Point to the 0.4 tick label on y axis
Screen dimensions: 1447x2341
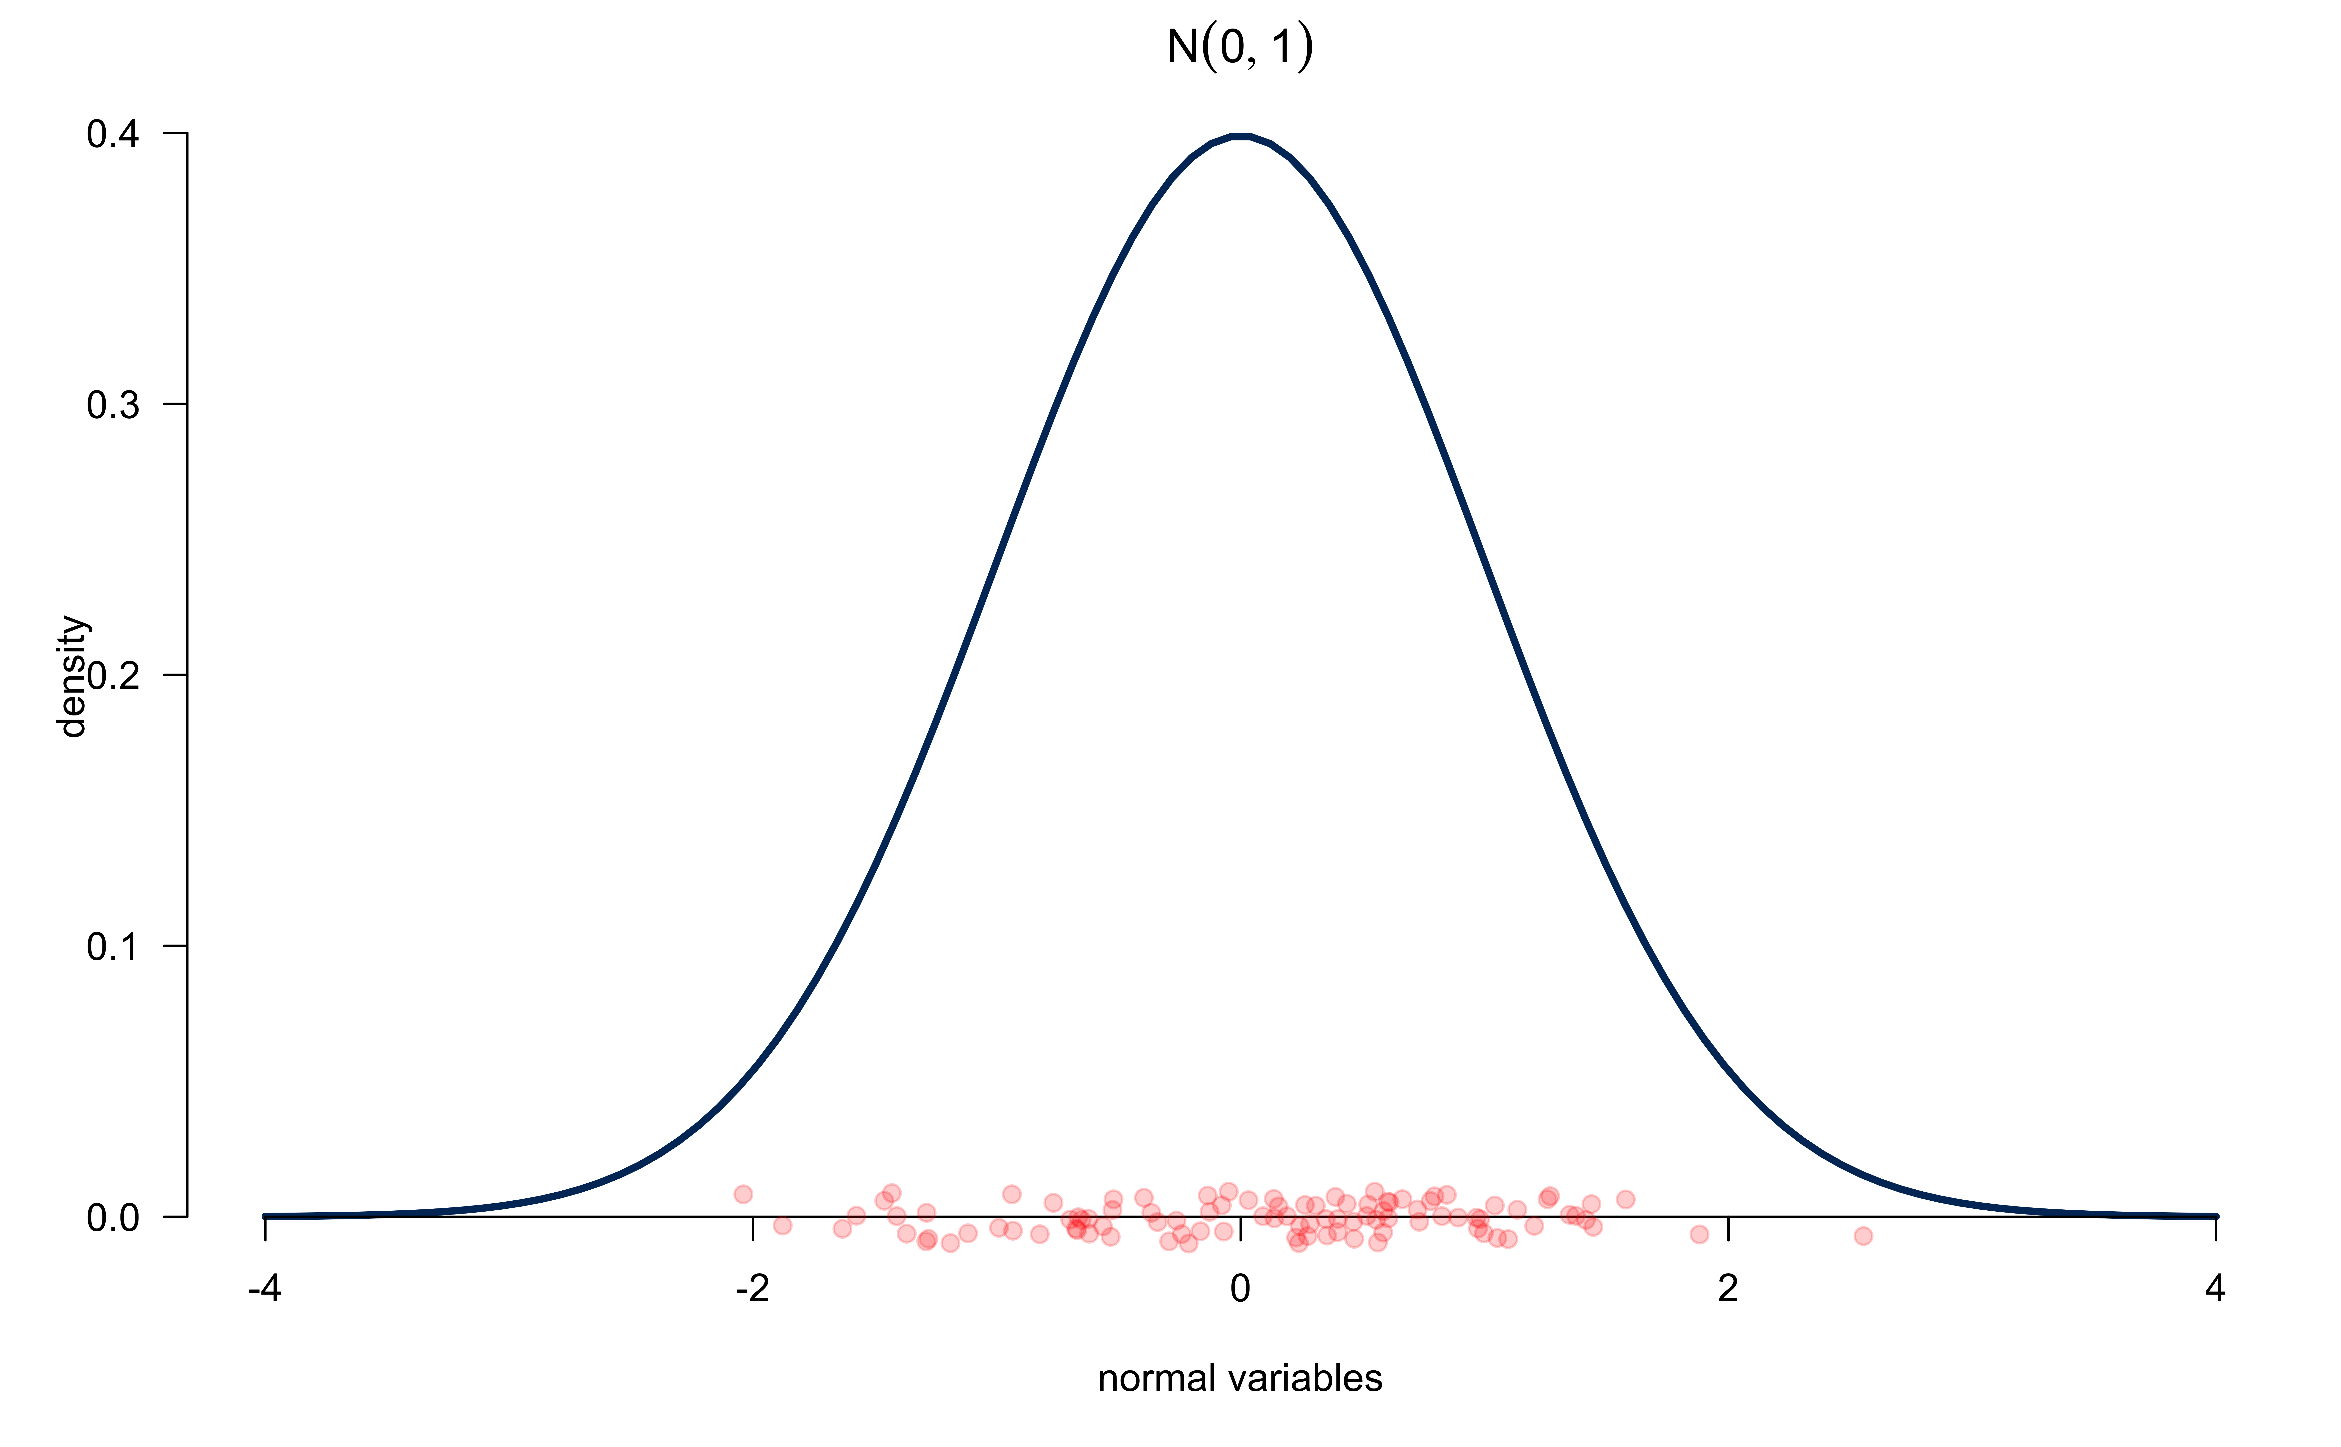(x=113, y=134)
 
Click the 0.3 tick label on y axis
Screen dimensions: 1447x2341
(x=113, y=405)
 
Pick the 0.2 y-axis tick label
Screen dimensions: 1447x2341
(x=113, y=676)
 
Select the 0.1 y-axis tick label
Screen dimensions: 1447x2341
(x=113, y=946)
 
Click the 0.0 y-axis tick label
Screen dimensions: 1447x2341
(x=113, y=1217)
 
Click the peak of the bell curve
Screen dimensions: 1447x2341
(x=1240, y=136)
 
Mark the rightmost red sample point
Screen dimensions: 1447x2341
(x=1863, y=1236)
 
